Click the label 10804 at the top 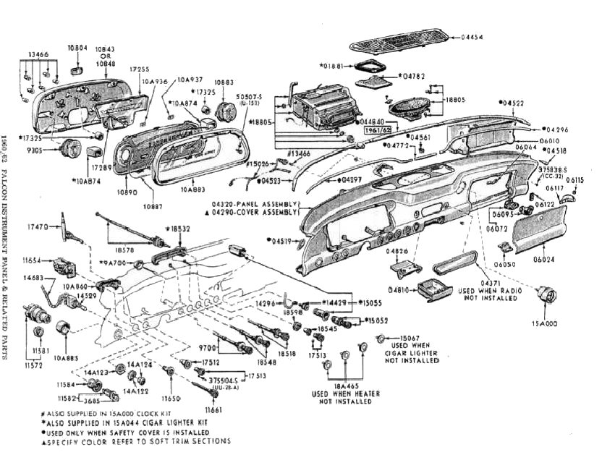[77, 48]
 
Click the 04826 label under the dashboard [399, 252]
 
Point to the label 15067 [409, 338]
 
